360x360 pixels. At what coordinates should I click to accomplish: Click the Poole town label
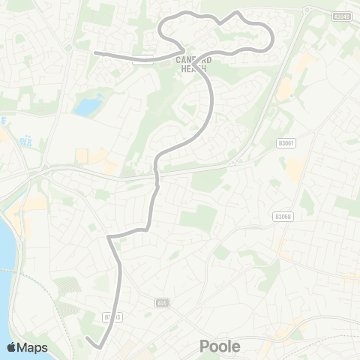click(x=220, y=346)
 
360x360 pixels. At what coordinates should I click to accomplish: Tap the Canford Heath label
click(x=196, y=64)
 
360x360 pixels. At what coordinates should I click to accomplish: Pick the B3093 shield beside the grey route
click(x=113, y=318)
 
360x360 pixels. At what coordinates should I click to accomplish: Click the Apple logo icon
click(x=11, y=347)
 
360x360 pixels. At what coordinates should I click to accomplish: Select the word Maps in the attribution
click(x=33, y=347)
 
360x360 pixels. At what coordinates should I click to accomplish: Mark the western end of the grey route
click(x=94, y=52)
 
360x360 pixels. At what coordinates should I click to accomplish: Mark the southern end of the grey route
click(x=88, y=338)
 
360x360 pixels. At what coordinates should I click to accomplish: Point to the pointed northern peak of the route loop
click(x=238, y=13)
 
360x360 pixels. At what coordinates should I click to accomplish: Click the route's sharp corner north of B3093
click(x=109, y=238)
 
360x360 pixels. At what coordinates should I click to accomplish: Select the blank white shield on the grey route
click(x=142, y=59)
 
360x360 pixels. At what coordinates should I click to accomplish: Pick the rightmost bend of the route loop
click(x=271, y=37)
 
